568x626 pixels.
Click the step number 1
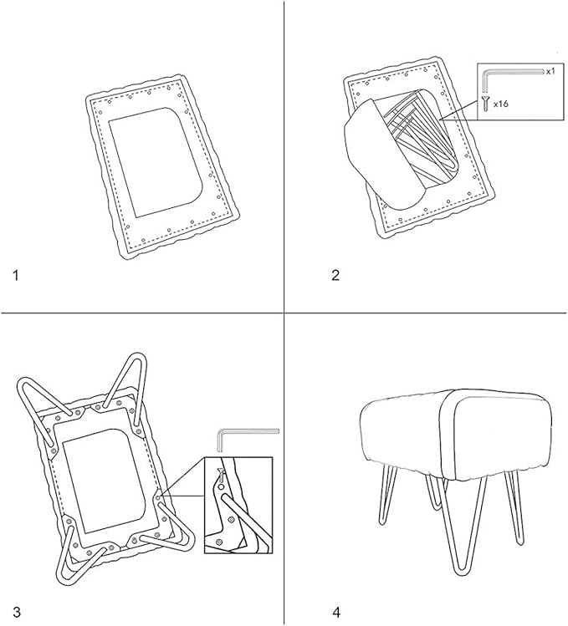tap(16, 275)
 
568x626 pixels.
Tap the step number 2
tap(335, 275)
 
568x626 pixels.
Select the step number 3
tap(17, 612)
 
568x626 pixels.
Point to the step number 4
tap(336, 612)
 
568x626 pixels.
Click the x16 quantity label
tap(501, 104)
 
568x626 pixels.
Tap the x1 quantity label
tap(550, 72)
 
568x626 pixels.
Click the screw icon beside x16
tap(486, 104)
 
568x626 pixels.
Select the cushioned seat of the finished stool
tap(456, 435)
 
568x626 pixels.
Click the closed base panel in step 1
tap(156, 161)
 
